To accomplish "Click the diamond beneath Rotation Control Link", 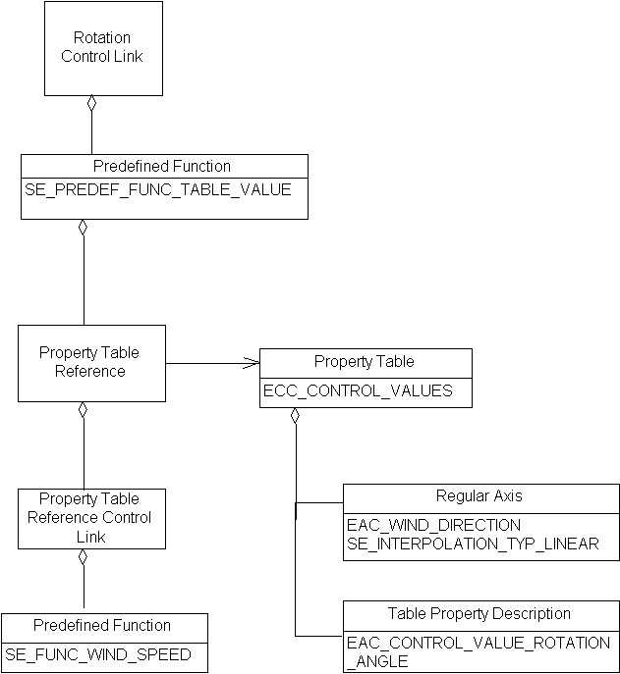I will tap(91, 103).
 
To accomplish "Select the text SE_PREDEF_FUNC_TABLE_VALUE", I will tap(158, 190).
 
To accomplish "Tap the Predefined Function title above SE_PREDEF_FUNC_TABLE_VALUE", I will tap(162, 167).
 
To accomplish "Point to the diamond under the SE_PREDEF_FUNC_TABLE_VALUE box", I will tap(84, 228).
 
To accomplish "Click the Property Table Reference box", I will tap(90, 362).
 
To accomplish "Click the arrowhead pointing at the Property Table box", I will tap(253, 364).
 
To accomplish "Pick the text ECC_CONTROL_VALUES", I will tap(358, 390).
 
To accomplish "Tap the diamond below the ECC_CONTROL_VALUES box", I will tap(295, 416).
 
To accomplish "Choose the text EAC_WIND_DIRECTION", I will tap(433, 525).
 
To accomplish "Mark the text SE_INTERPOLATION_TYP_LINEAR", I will tap(473, 544).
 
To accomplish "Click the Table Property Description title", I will tap(479, 614).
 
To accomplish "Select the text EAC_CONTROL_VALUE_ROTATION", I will tap(479, 643).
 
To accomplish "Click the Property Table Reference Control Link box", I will tap(90, 518).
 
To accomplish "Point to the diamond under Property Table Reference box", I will tap(84, 409).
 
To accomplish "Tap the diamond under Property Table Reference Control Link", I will tap(84, 556).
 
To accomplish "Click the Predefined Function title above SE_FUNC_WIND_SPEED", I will tap(102, 626).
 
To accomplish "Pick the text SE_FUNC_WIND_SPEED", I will tap(97, 654).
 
